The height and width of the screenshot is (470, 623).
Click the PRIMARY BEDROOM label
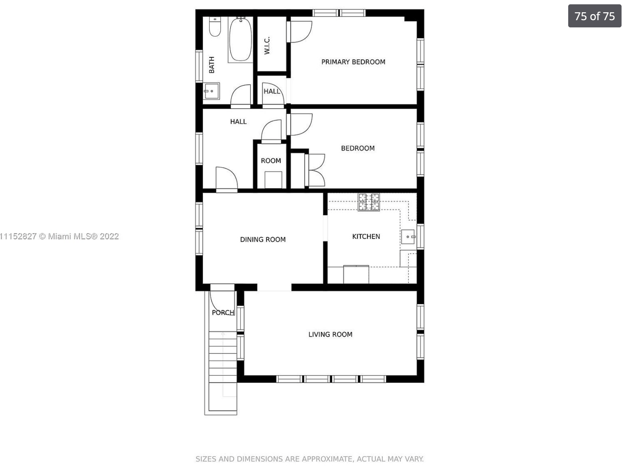coord(353,62)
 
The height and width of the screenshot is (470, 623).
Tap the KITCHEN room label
coord(366,236)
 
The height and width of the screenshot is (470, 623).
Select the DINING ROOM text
coord(263,239)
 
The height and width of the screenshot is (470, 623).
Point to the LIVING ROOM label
coord(330,334)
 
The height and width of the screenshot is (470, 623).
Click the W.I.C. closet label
coord(267,46)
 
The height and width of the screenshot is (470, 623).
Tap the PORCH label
coord(223,312)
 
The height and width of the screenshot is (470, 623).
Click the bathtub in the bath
coord(240,39)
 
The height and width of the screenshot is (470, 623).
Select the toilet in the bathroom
coord(215,27)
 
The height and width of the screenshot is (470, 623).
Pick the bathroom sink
coord(212,91)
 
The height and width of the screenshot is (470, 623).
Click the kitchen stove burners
coord(368,202)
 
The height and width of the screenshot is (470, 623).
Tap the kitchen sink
coord(408,237)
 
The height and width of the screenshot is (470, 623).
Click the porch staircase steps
coord(223,364)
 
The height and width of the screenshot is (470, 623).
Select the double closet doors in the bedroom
coord(315,170)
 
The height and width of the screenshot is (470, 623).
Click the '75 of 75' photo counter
coord(595,16)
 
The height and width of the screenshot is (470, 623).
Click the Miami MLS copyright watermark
coord(59,236)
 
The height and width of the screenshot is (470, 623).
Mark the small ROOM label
coord(271,161)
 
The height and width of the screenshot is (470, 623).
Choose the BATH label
coord(212,65)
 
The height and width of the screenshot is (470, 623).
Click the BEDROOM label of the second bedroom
coord(358,148)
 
